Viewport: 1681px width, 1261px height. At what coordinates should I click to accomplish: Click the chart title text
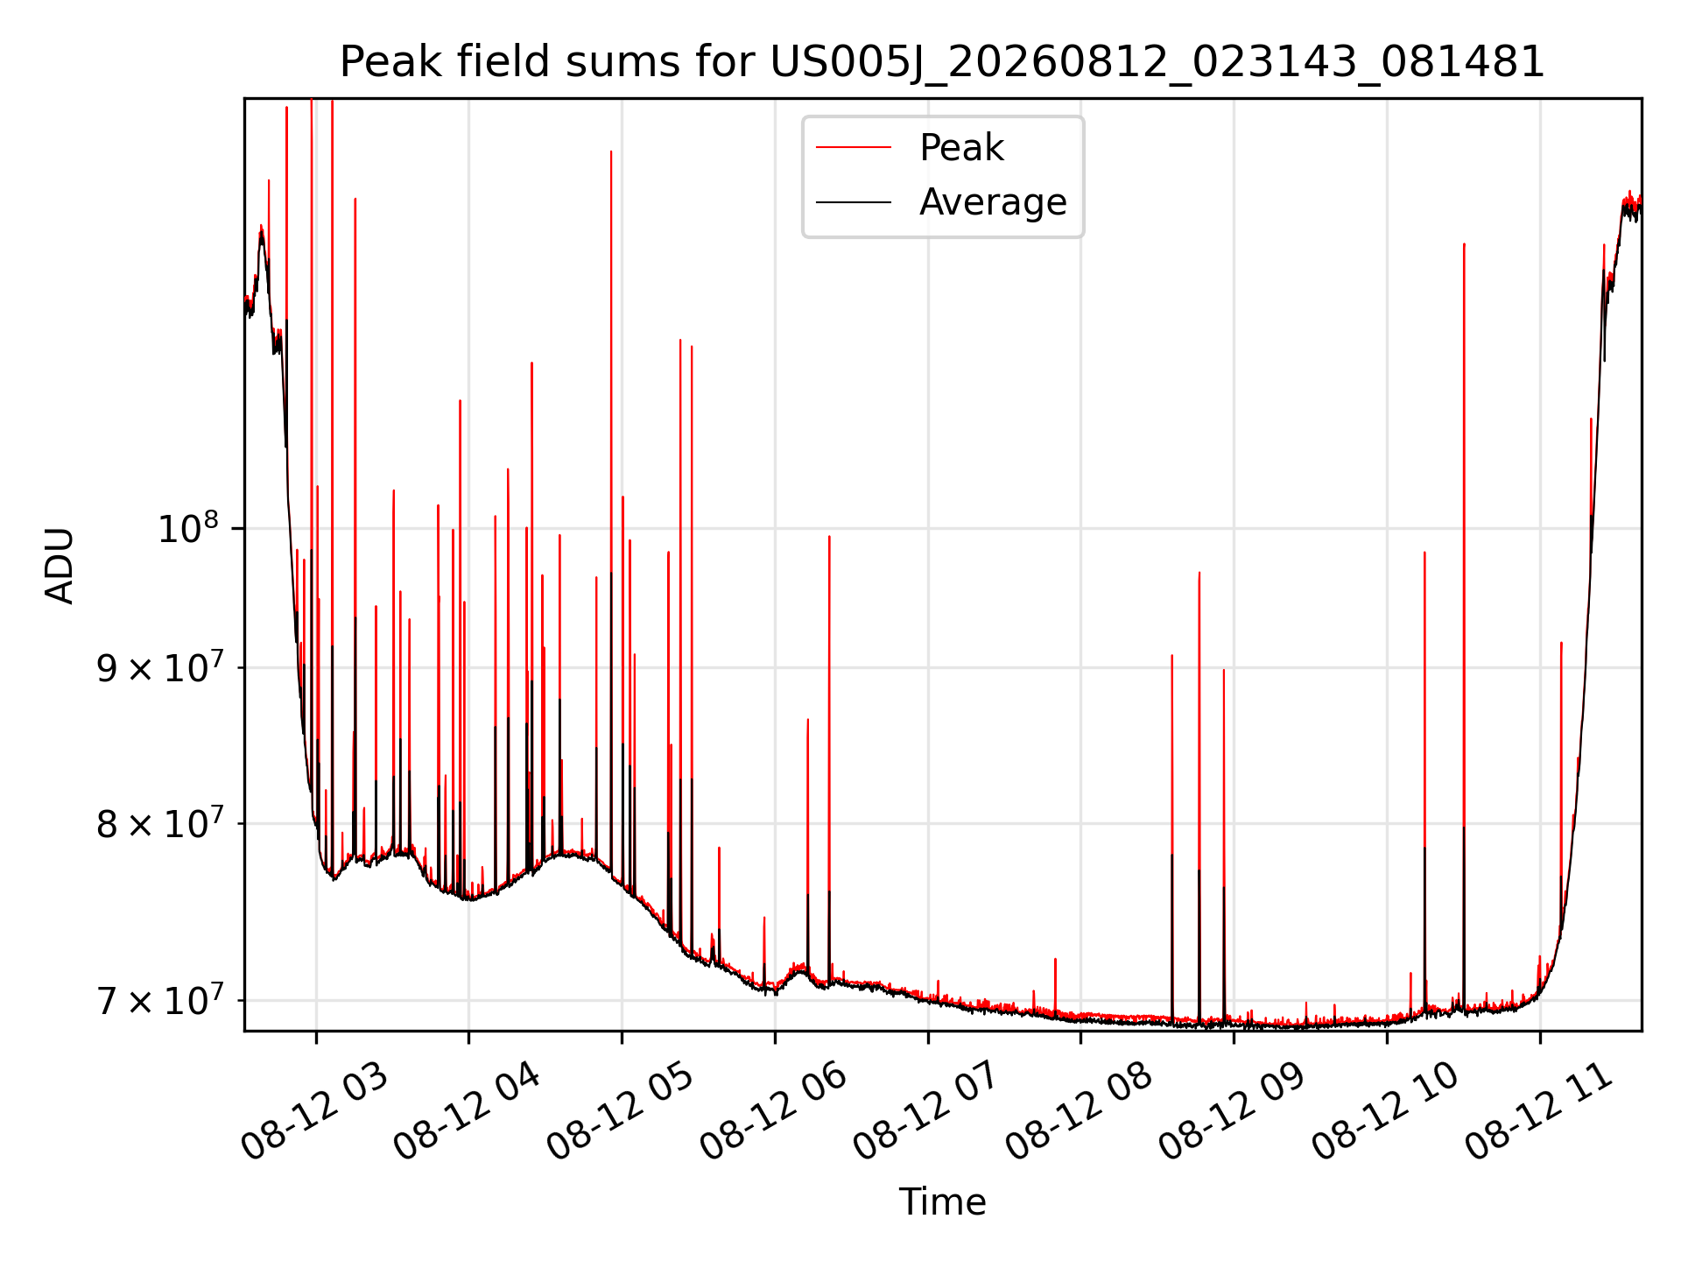(942, 62)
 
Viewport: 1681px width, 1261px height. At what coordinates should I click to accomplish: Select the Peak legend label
(961, 148)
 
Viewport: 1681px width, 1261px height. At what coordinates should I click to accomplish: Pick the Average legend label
(993, 202)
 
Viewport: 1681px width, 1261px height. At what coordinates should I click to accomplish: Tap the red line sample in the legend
(854, 148)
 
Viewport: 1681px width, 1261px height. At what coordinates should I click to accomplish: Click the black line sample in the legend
(854, 202)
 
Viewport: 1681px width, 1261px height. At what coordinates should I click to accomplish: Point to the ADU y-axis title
(60, 565)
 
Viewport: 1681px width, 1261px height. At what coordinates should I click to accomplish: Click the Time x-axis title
(942, 1202)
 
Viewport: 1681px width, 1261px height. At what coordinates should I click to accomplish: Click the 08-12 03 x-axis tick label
(314, 1112)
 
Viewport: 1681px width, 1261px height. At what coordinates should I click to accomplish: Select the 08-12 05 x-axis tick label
(621, 1112)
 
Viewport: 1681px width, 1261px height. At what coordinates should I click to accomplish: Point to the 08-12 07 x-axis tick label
(926, 1112)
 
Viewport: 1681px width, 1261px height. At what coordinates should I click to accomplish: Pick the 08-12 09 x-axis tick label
(1232, 1112)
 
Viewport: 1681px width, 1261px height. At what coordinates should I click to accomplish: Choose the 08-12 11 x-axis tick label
(1538, 1112)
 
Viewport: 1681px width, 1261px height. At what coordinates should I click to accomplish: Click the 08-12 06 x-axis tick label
(773, 1112)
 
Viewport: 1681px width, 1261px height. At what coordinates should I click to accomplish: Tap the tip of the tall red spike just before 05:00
(611, 151)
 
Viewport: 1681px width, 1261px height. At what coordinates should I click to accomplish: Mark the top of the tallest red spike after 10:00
(1464, 244)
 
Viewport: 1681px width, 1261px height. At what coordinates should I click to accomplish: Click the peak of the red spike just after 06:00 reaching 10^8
(829, 536)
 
